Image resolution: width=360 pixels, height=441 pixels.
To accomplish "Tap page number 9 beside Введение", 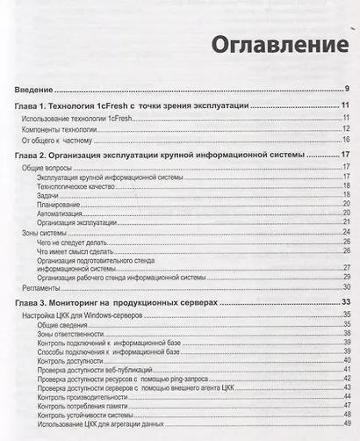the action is tap(348, 89).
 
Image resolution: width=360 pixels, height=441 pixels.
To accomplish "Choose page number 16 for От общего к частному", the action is tap(346, 140).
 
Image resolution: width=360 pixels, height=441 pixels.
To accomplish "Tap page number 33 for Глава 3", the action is tap(345, 301).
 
